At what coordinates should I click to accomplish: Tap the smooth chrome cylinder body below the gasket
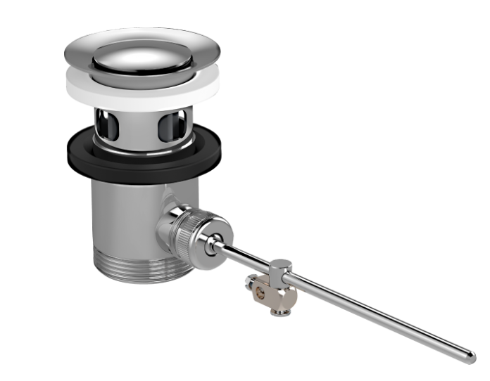[x=120, y=211]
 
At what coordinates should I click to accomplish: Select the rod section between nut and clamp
[x=246, y=256]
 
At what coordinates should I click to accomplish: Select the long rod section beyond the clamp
[x=373, y=309]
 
